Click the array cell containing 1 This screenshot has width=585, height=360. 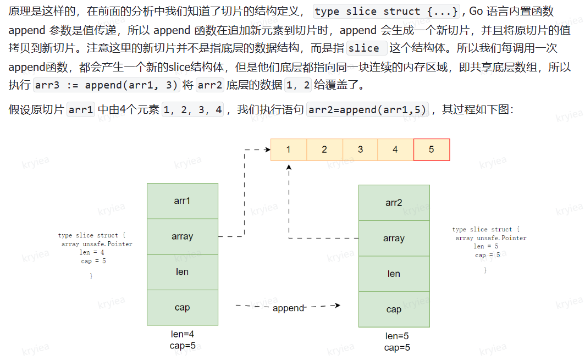(x=289, y=149)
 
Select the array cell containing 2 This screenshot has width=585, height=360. (x=324, y=149)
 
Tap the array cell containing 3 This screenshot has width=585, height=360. (x=360, y=149)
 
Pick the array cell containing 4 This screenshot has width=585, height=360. (x=395, y=149)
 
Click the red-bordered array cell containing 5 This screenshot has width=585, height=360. (x=432, y=149)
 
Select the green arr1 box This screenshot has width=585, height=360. (x=183, y=201)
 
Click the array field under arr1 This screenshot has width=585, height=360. (x=183, y=236)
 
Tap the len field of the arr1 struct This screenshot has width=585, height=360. (x=183, y=272)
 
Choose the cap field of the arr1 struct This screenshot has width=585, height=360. (x=183, y=307)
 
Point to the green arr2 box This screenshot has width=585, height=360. (x=394, y=203)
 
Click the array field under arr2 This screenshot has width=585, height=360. (x=394, y=239)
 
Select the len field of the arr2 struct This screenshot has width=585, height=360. (x=394, y=274)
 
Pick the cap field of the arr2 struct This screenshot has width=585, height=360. (x=394, y=309)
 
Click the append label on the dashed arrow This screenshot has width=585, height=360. (x=288, y=308)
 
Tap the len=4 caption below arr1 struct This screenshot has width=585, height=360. (x=183, y=334)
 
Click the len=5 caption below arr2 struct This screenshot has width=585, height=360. (x=397, y=336)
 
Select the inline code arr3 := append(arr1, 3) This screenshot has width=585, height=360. (x=107, y=86)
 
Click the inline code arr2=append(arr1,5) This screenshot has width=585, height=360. (x=368, y=109)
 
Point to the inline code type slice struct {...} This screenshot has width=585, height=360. (x=386, y=12)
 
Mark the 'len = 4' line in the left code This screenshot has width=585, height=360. (x=92, y=252)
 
